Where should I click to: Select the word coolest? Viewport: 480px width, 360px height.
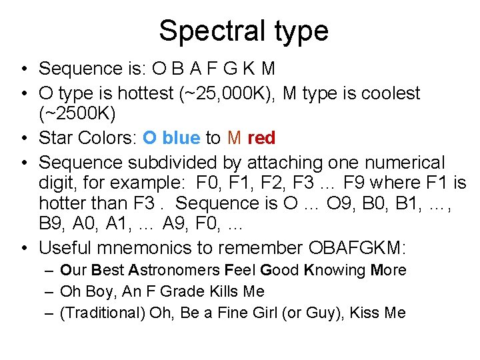click(x=384, y=93)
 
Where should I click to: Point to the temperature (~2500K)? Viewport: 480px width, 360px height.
click(x=77, y=114)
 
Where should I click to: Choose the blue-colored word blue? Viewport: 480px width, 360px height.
click(x=181, y=138)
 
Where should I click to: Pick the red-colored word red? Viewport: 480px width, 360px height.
click(x=261, y=138)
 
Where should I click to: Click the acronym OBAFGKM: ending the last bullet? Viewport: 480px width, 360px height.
click(x=357, y=248)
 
